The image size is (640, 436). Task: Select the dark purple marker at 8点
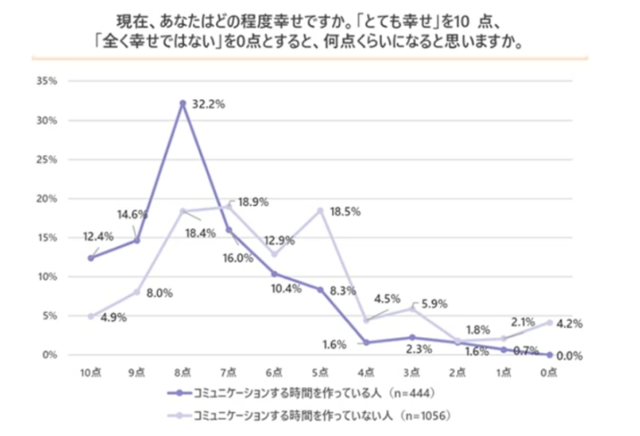coord(183,103)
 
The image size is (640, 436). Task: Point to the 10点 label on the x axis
coord(90,373)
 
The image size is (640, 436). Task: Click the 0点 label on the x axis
coord(550,373)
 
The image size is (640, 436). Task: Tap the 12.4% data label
coord(98,236)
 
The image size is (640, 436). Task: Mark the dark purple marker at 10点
coord(91,258)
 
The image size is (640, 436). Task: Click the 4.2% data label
coord(570,323)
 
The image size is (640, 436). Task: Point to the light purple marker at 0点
coord(550,322)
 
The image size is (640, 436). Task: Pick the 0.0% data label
coord(570,355)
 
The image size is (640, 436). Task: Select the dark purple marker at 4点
coord(366,343)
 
